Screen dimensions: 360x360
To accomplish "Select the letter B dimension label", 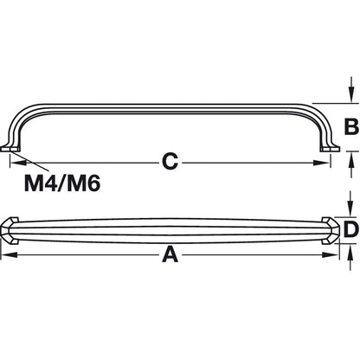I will (x=350, y=127).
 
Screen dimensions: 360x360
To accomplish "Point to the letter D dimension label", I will (x=350, y=229).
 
